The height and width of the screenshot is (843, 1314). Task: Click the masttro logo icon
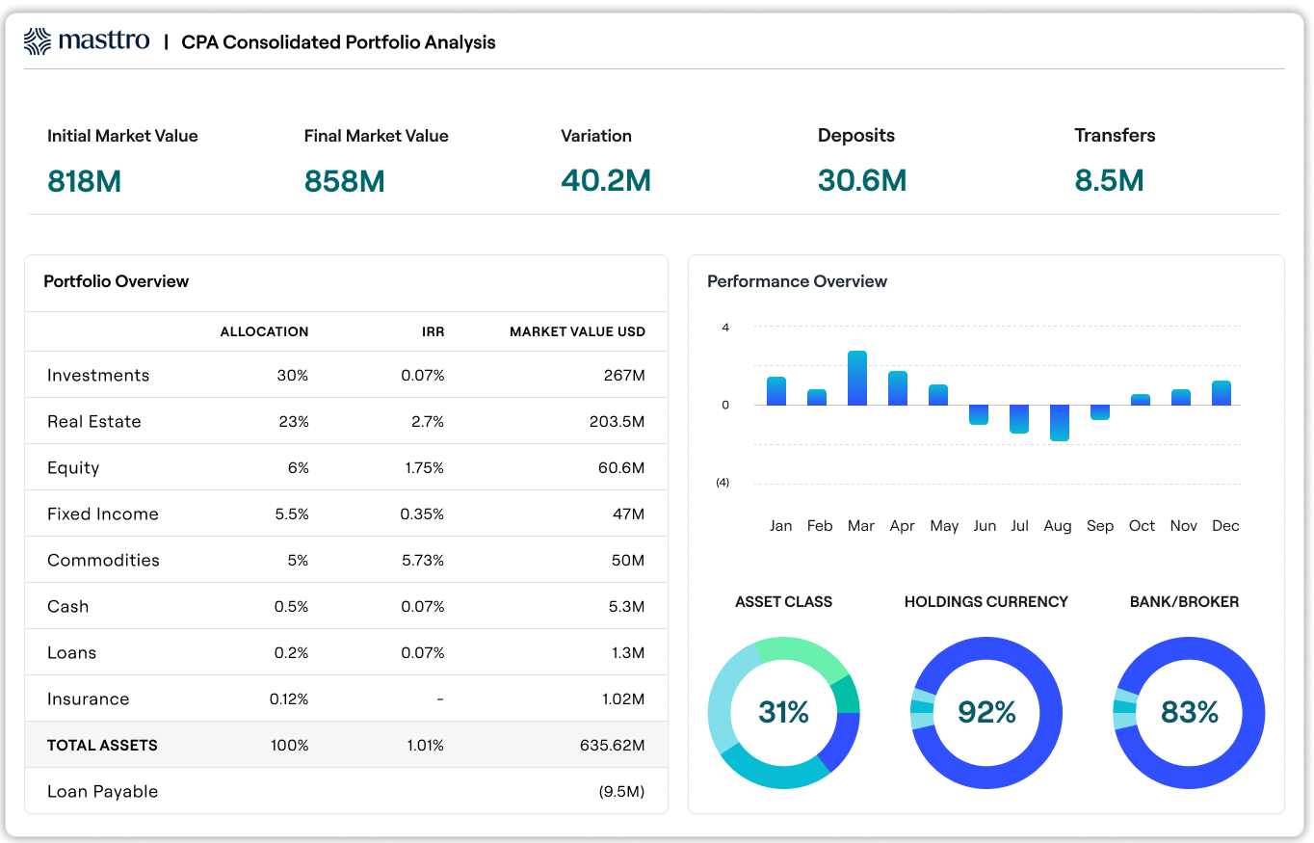pyautogui.click(x=38, y=41)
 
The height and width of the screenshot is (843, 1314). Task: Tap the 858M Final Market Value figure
pyautogui.click(x=344, y=180)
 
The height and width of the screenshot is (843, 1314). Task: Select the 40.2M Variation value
pyautogui.click(x=606, y=180)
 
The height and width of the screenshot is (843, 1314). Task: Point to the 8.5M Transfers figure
pyautogui.click(x=1109, y=180)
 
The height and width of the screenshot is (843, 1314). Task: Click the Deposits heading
pyautogui.click(x=855, y=136)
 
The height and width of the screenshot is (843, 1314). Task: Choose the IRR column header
pyautogui.click(x=433, y=331)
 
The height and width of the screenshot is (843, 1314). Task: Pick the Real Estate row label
pyautogui.click(x=94, y=421)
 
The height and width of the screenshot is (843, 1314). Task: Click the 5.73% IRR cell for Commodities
pyautogui.click(x=422, y=560)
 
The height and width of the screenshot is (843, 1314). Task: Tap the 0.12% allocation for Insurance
pyautogui.click(x=289, y=698)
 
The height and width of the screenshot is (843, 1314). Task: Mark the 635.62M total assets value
pyautogui.click(x=613, y=745)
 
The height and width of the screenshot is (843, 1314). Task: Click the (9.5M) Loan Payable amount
pyautogui.click(x=620, y=791)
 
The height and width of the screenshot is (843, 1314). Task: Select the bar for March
pyautogui.click(x=857, y=378)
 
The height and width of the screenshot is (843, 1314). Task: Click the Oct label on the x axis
pyautogui.click(x=1142, y=525)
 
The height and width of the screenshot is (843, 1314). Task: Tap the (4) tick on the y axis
pyautogui.click(x=723, y=483)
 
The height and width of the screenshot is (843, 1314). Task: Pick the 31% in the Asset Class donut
pyautogui.click(x=783, y=712)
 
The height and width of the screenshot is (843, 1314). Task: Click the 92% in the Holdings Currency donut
pyautogui.click(x=986, y=712)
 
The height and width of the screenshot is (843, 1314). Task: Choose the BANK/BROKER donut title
pyautogui.click(x=1184, y=601)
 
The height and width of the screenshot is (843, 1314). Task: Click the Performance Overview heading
pyautogui.click(x=797, y=281)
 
